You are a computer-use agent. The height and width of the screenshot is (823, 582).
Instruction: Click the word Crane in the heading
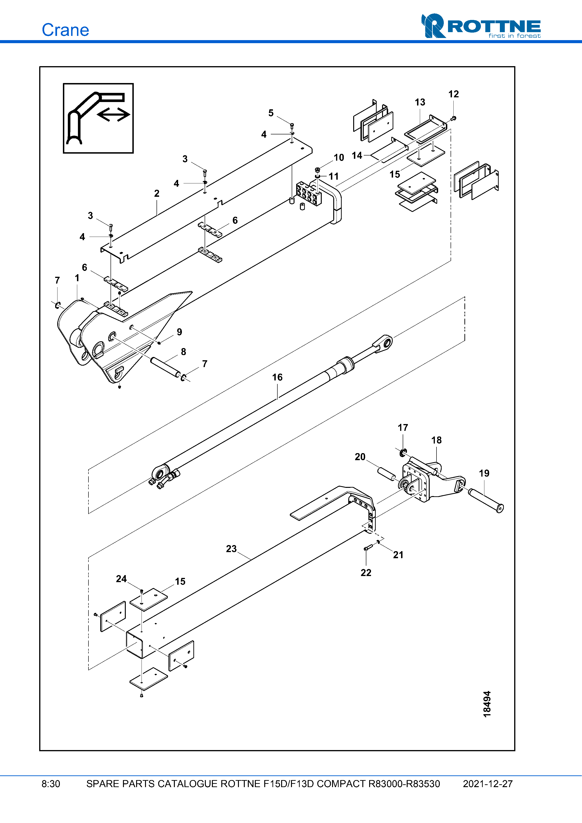pyautogui.click(x=65, y=30)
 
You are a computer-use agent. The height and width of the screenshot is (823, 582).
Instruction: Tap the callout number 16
pyautogui.click(x=277, y=377)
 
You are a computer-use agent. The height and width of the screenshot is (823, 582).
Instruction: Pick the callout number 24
pyautogui.click(x=121, y=579)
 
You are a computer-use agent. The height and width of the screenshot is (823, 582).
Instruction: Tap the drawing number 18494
pyautogui.click(x=487, y=704)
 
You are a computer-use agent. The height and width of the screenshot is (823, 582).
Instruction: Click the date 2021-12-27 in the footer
pyautogui.click(x=487, y=784)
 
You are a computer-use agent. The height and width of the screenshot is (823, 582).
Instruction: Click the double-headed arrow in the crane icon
pyautogui.click(x=113, y=115)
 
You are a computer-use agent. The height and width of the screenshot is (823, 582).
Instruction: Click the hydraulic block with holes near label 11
pyautogui.click(x=308, y=193)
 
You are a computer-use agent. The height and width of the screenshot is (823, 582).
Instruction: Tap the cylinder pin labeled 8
pyautogui.click(x=165, y=367)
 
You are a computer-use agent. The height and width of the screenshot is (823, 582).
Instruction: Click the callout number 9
pyautogui.click(x=179, y=332)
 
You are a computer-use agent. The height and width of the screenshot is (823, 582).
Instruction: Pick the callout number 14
pyautogui.click(x=357, y=155)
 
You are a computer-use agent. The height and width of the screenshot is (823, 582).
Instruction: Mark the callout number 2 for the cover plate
pyautogui.click(x=157, y=193)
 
